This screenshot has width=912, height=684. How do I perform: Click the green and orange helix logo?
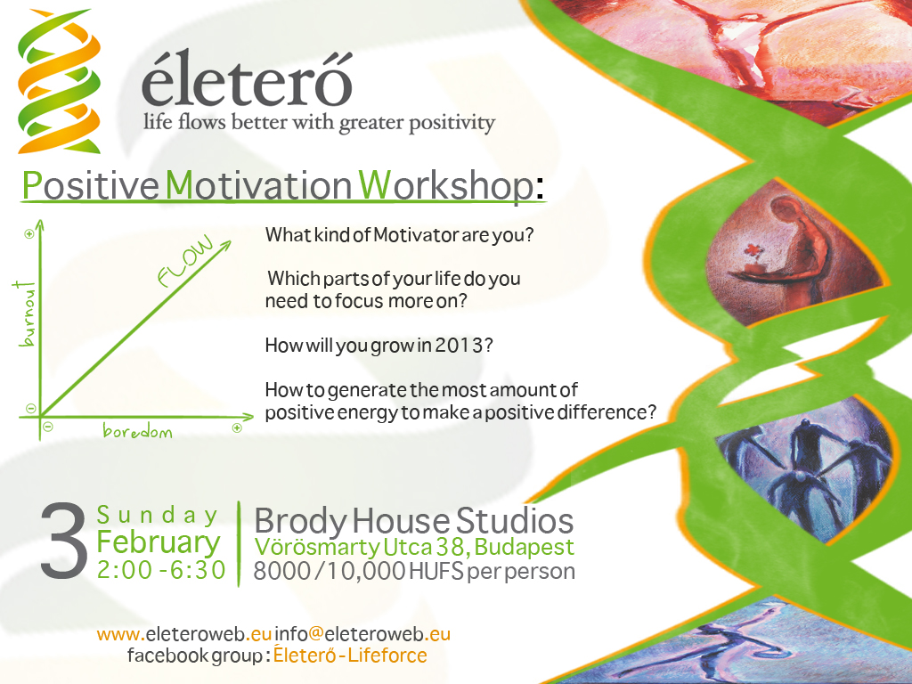pyautogui.click(x=59, y=81)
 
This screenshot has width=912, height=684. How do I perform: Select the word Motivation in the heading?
pyautogui.click(x=258, y=185)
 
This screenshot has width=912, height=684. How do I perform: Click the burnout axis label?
pyautogui.click(x=26, y=313)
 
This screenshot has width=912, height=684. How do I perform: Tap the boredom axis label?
pyautogui.click(x=137, y=431)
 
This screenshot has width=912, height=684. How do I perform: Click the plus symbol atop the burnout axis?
pyautogui.click(x=28, y=234)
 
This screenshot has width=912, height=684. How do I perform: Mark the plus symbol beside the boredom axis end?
pyautogui.click(x=237, y=428)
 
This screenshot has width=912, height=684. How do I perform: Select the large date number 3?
pyautogui.click(x=64, y=541)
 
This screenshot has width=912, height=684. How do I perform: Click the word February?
pyautogui.click(x=159, y=542)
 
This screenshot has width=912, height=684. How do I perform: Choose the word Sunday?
pyautogui.click(x=157, y=516)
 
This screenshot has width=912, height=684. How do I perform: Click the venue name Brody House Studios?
pyautogui.click(x=413, y=521)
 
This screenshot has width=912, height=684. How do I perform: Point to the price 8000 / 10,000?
pyautogui.click(x=330, y=571)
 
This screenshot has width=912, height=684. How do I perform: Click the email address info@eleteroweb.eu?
pyautogui.click(x=362, y=633)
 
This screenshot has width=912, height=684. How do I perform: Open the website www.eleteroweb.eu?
pyautogui.click(x=184, y=633)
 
